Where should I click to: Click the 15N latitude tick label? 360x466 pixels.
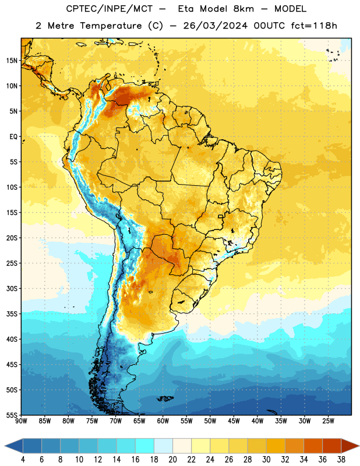pyautogui.click(x=12, y=61)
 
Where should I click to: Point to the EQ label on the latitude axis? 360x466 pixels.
pyautogui.click(x=13, y=137)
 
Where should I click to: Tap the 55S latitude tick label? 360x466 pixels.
pyautogui.click(x=12, y=415)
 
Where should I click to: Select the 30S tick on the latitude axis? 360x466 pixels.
pyautogui.click(x=12, y=288)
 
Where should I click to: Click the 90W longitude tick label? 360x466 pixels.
pyautogui.click(x=21, y=421)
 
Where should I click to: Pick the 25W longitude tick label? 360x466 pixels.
pyautogui.click(x=328, y=421)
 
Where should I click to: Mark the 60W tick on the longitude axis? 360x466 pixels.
pyautogui.click(x=163, y=421)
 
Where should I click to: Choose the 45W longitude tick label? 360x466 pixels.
pyautogui.click(x=234, y=421)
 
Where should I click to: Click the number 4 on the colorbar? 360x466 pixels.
pyautogui.click(x=23, y=460)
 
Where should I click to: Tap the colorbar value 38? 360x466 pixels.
pyautogui.click(x=341, y=460)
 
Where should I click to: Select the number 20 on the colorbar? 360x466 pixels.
pyautogui.click(x=172, y=460)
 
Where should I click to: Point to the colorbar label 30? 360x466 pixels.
pyautogui.click(x=266, y=460)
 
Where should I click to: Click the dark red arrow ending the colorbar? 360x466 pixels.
pyautogui.click(x=350, y=446)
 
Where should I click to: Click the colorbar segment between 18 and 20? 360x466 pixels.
pyautogui.click(x=164, y=446)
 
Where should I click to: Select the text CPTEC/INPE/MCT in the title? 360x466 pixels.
pyautogui.click(x=109, y=9)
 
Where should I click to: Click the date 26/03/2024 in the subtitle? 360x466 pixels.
pyautogui.click(x=215, y=26)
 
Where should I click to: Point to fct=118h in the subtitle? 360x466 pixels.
pyautogui.click(x=314, y=26)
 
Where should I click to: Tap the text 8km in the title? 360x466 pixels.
pyautogui.click(x=243, y=9)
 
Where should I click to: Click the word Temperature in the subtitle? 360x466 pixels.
pyautogui.click(x=111, y=26)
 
